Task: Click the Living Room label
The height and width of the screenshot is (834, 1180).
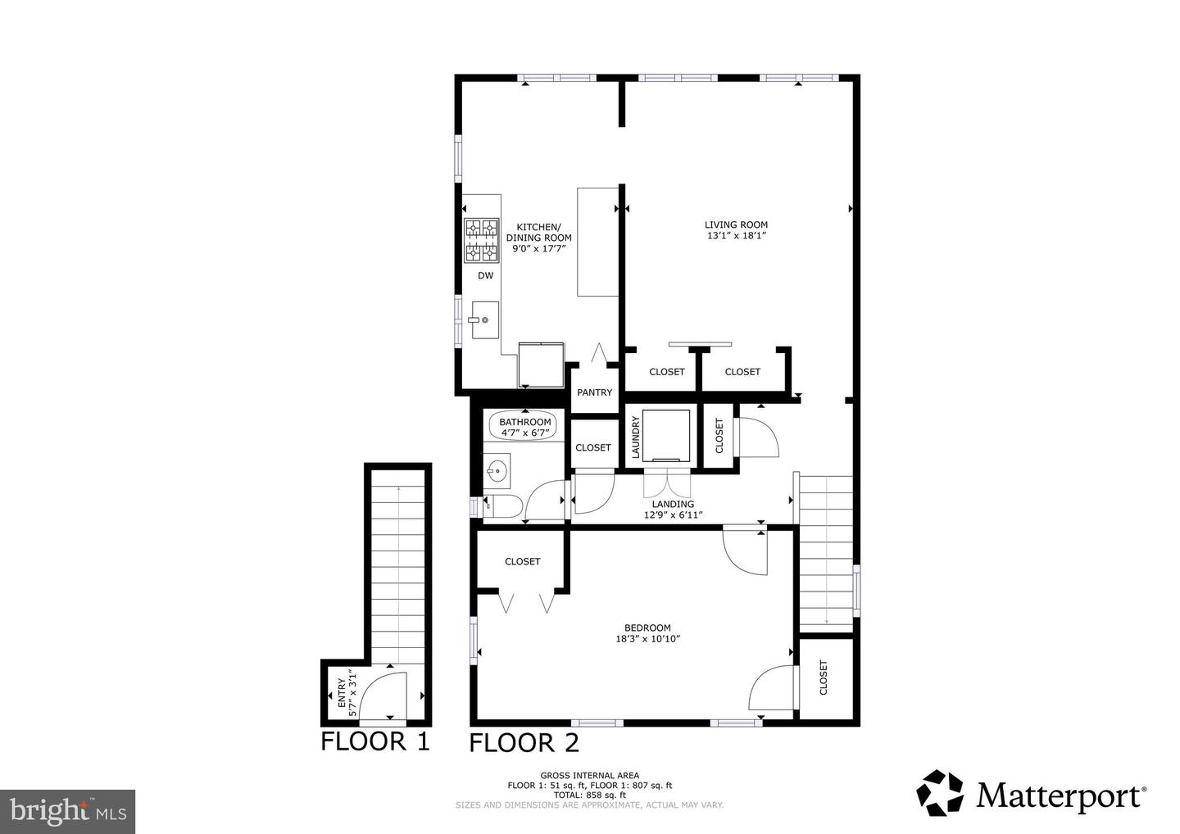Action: coord(736,224)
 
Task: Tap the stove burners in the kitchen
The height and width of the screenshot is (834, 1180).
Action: coord(482,240)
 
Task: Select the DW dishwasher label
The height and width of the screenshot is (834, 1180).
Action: coord(486,276)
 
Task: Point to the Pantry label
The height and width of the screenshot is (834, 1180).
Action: coord(594,392)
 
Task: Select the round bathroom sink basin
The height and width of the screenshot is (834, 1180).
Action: coord(497,471)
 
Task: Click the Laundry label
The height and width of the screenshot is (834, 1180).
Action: coord(635,437)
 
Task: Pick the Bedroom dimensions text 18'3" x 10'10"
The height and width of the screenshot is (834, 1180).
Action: coord(647,639)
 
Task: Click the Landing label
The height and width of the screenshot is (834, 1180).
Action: coord(673,504)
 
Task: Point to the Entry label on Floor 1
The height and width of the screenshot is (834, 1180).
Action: coord(343,693)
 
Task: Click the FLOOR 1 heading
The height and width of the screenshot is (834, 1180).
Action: coord(374,741)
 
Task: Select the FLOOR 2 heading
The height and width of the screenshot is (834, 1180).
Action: coord(524,743)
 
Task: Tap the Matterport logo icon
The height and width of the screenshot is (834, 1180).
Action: coord(941,793)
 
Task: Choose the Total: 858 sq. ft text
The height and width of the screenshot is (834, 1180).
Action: coord(589,795)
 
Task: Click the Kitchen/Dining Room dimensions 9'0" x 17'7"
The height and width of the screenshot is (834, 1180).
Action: coord(538,248)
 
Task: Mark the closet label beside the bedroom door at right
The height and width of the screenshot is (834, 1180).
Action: coord(824,678)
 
